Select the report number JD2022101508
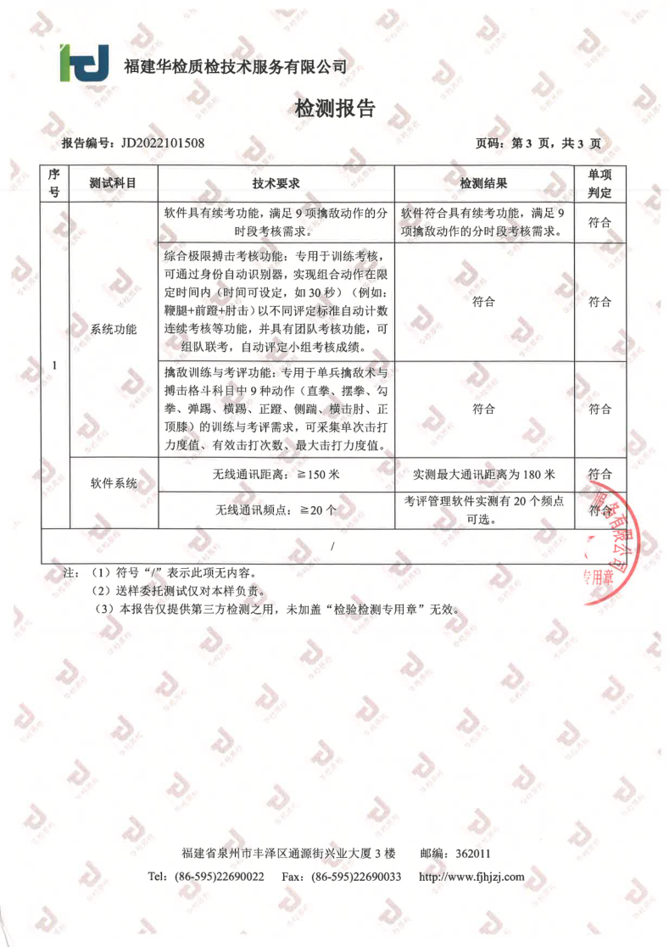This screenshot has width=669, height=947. pyautogui.click(x=163, y=142)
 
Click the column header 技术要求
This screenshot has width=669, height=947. pyautogui.click(x=276, y=183)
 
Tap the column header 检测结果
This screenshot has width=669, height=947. pyautogui.click(x=483, y=183)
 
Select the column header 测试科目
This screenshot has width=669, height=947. pyautogui.click(x=113, y=183)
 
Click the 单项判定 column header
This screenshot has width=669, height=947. pyautogui.click(x=599, y=183)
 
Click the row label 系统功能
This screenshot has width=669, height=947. pyautogui.click(x=113, y=330)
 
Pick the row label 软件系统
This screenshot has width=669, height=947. pyautogui.click(x=113, y=483)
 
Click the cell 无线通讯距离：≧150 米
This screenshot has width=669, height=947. pyautogui.click(x=276, y=474)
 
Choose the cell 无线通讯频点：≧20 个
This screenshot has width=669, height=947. pyautogui.click(x=276, y=510)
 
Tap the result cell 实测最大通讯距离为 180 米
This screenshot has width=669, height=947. pyautogui.click(x=483, y=474)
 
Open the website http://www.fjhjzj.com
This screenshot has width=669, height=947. pyautogui.click(x=471, y=876)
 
